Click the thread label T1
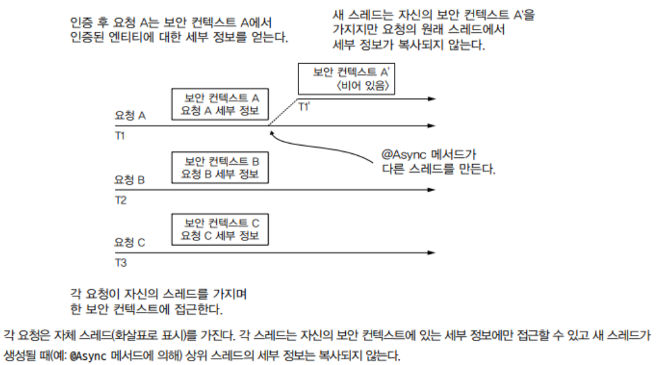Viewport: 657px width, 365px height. pos(120,136)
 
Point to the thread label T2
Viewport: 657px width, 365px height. pos(121,200)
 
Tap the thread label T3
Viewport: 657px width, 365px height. pos(121,263)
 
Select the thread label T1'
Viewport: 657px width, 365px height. pos(304,107)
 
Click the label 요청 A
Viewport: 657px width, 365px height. pos(130,115)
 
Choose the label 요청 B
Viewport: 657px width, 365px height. pos(130,180)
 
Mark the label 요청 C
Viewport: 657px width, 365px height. pos(130,242)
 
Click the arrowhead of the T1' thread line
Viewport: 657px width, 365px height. pos(432,99)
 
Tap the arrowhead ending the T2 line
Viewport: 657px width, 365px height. pos(432,190)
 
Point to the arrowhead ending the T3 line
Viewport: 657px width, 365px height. pos(432,253)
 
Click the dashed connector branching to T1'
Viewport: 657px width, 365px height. pos(283,112)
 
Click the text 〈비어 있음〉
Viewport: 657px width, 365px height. pos(363,85)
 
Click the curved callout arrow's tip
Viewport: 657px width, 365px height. pos(271,132)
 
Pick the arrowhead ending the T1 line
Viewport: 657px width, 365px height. pos(432,126)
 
